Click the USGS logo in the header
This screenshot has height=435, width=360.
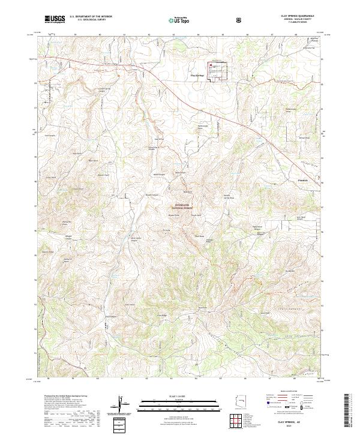55,19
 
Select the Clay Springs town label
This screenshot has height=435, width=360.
197,76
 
